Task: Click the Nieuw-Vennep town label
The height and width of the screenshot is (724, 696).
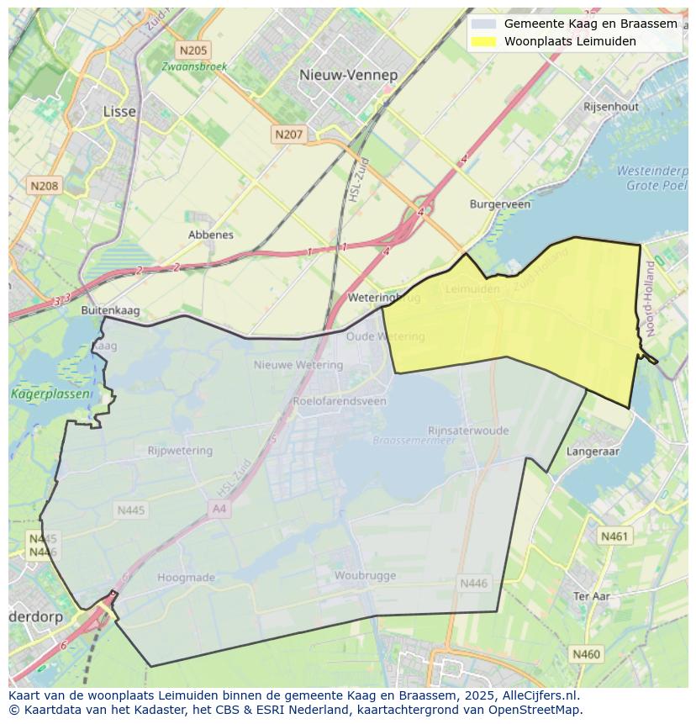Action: tap(348, 75)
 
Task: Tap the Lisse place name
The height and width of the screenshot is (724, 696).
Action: tap(119, 111)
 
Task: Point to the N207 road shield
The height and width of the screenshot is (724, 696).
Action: tap(288, 134)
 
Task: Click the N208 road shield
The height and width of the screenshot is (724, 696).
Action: tap(44, 185)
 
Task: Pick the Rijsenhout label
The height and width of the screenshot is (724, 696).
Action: tap(611, 107)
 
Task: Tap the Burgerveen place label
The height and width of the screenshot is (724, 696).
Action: tap(500, 204)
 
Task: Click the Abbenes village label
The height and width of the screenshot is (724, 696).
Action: tap(211, 235)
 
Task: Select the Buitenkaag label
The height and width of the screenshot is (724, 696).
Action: tap(110, 310)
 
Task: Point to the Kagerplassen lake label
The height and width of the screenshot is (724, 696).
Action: tap(39, 394)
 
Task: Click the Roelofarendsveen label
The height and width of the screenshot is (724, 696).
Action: tap(340, 401)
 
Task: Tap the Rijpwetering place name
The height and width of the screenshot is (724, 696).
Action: tap(180, 451)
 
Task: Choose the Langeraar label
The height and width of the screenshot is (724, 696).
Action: tap(593, 452)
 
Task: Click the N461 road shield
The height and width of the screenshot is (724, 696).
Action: tap(614, 536)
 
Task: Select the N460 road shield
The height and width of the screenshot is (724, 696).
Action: tap(586, 653)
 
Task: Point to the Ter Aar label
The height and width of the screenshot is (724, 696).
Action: tap(591, 596)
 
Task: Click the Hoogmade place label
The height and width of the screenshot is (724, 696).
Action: tap(186, 578)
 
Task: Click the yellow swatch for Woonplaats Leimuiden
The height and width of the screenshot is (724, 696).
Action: tap(484, 41)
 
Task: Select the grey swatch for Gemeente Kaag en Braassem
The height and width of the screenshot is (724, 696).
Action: tap(484, 24)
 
